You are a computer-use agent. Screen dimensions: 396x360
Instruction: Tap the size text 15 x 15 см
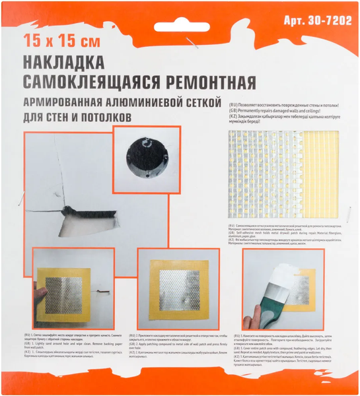pos(61,42)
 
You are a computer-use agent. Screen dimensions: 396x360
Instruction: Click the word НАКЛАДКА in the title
pos(63,63)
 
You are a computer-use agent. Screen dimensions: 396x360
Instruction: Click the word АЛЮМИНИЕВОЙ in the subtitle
pos(154,103)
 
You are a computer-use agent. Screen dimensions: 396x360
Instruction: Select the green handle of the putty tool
pos(268,304)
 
